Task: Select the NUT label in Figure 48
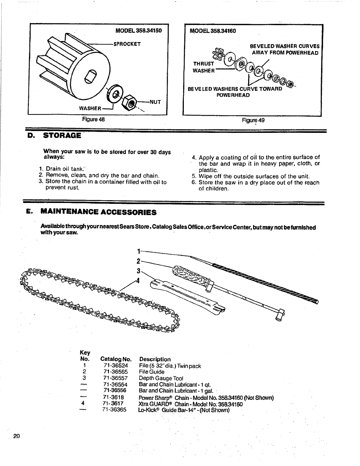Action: (x=155, y=102)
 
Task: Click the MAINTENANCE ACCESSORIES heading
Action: (x=98, y=212)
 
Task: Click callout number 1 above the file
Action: (x=138, y=251)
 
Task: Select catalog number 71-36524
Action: (x=116, y=366)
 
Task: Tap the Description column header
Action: (x=155, y=359)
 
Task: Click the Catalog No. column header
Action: (x=115, y=359)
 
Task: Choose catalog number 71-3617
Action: (x=113, y=403)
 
